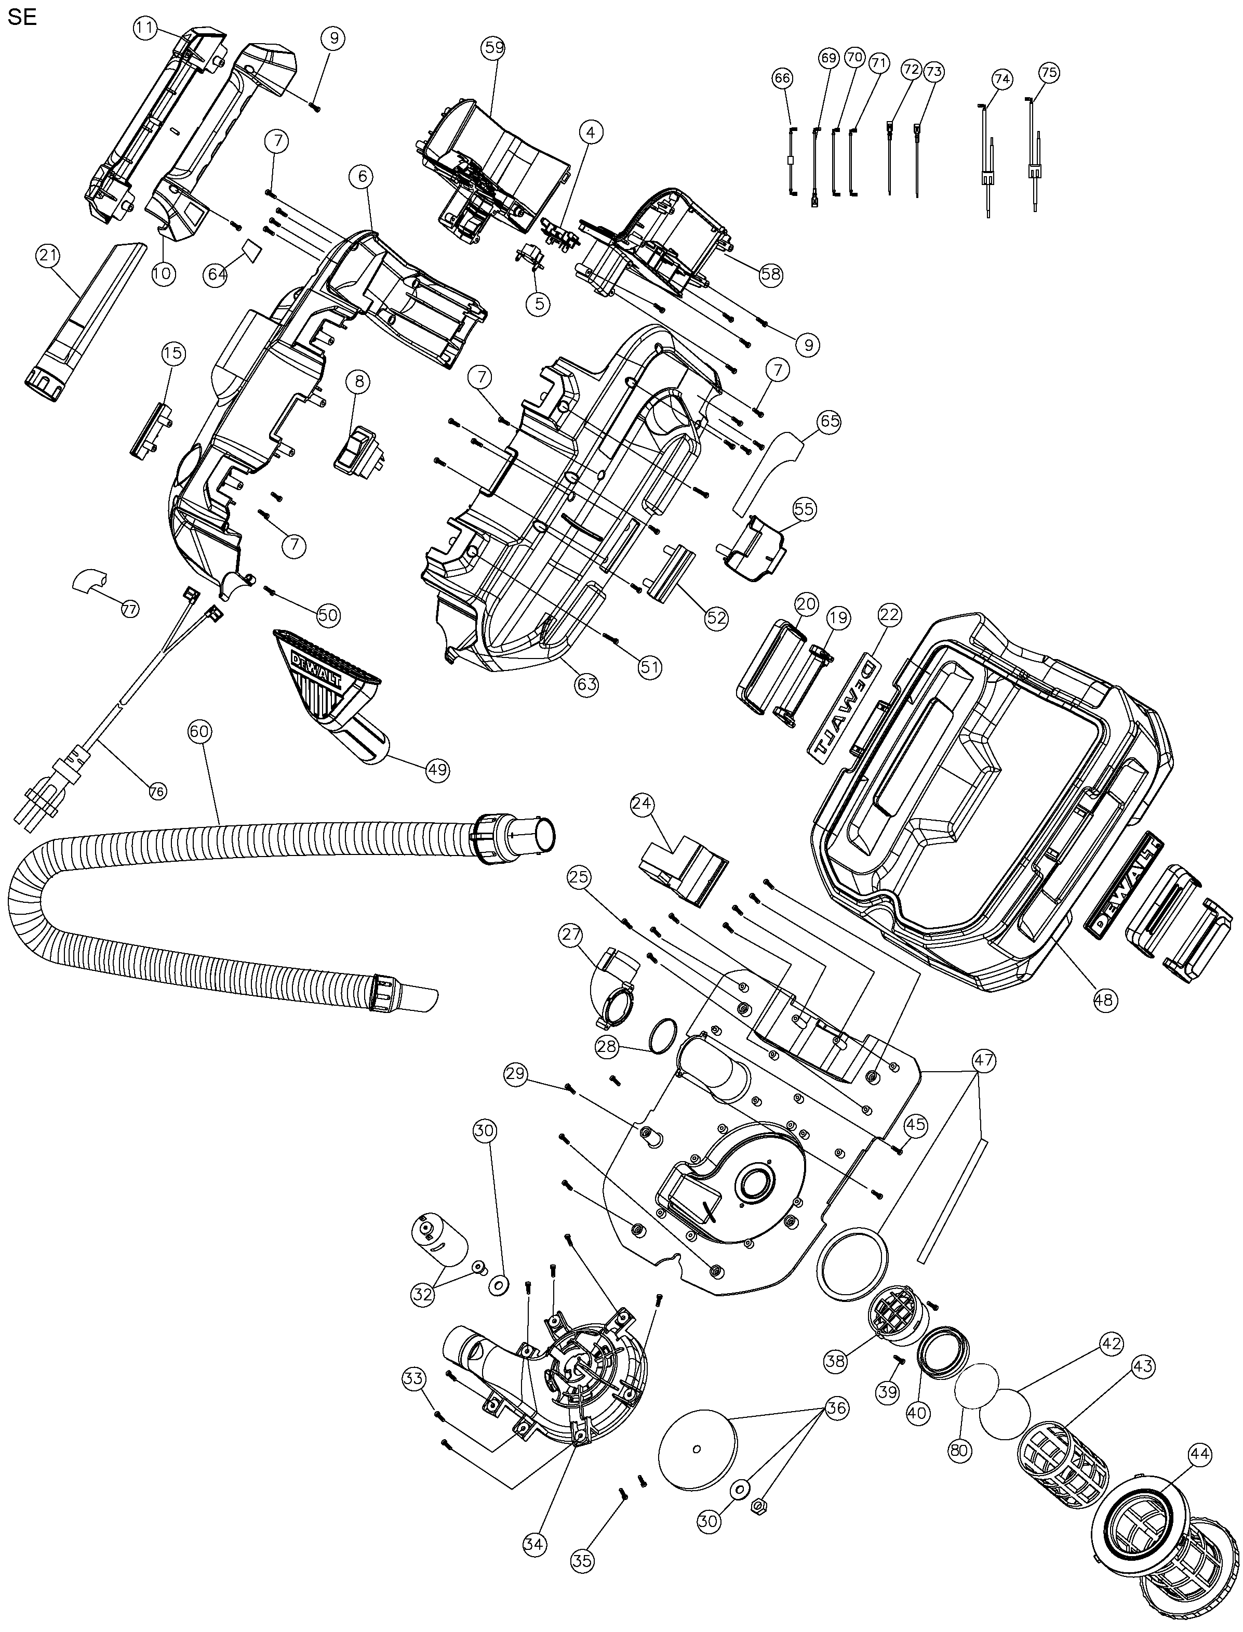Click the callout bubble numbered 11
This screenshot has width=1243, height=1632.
point(145,29)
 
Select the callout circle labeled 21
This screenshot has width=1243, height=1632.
point(47,256)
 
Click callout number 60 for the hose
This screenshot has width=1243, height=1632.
point(200,731)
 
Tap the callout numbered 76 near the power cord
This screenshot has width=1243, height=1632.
point(157,791)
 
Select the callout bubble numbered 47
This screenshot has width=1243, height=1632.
point(984,1061)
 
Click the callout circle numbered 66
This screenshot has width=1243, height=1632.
point(782,78)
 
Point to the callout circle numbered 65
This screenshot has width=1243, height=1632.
point(830,422)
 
